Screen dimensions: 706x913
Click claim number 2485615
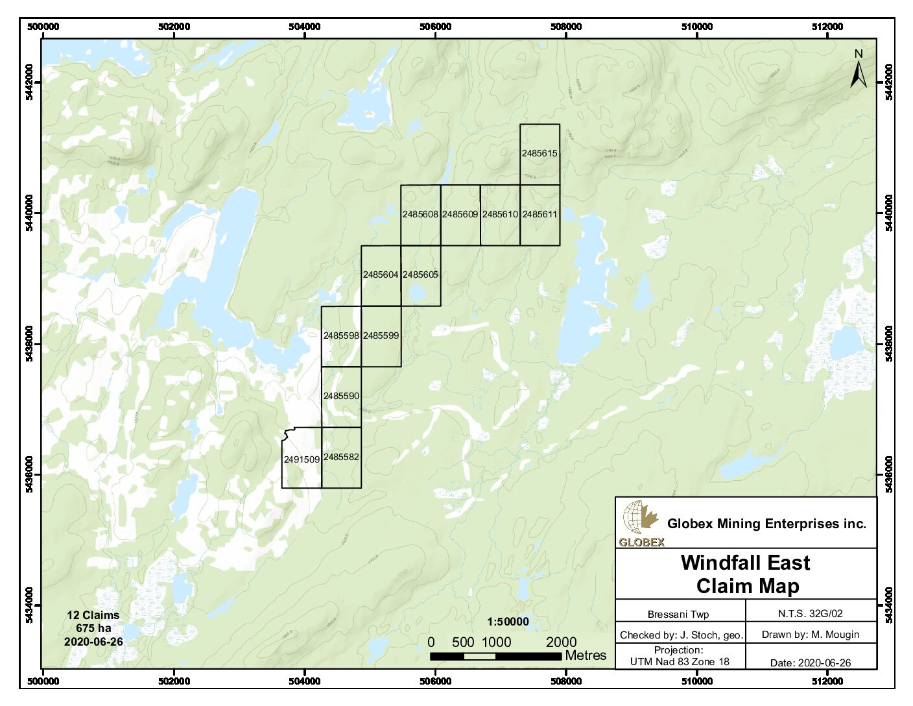pos(539,154)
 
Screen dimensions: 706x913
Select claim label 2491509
pos(302,459)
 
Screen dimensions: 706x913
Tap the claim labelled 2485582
pos(341,457)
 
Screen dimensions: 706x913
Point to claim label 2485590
pos(341,396)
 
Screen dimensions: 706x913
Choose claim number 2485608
pos(420,214)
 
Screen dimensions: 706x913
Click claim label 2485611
pos(539,214)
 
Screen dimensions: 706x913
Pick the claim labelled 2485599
pos(381,335)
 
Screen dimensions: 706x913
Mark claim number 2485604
pos(381,274)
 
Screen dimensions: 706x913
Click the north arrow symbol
pos(859,70)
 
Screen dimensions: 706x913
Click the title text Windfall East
pos(745,563)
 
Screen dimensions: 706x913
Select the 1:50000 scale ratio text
pos(508,622)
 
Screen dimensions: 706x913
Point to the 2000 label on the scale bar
pos(561,642)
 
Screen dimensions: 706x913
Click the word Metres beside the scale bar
pos(586,655)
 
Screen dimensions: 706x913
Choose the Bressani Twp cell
pos(678,614)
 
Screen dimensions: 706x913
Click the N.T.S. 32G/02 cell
pos(810,613)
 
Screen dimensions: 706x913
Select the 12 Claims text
pos(93,615)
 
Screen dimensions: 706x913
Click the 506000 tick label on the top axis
pos(435,27)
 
